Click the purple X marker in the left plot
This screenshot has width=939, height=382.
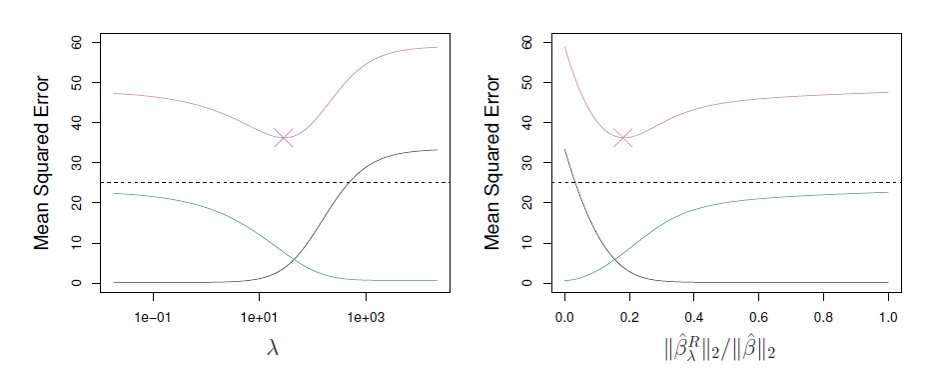coord(284,138)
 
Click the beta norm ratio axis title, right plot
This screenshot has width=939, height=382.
coord(725,350)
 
